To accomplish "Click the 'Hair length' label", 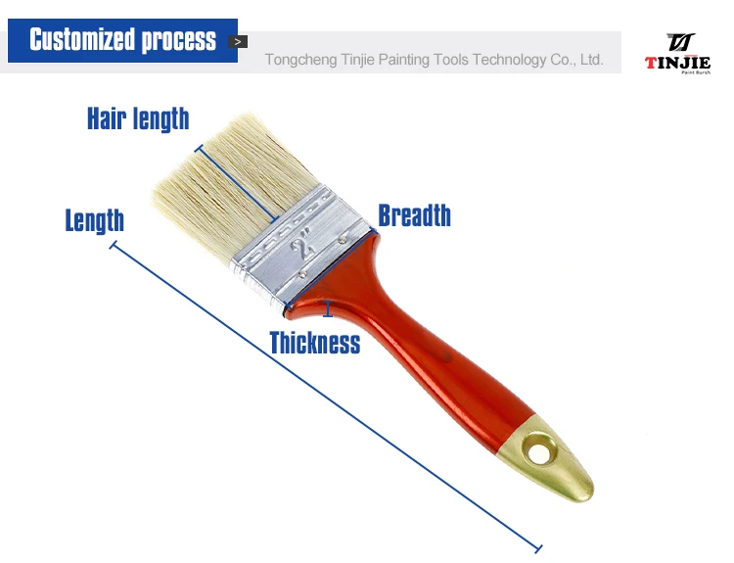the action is (138, 118).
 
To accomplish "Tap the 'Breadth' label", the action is (414, 215).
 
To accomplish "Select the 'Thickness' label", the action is (315, 343).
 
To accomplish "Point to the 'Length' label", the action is (95, 220).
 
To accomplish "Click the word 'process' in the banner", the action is (179, 41).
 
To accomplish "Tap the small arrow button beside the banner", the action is (238, 42).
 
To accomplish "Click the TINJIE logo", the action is (678, 54).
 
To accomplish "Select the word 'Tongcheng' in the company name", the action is (301, 60).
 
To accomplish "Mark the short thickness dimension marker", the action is (328, 308).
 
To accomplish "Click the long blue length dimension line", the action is (326, 397).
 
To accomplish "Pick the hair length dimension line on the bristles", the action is (237, 183).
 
